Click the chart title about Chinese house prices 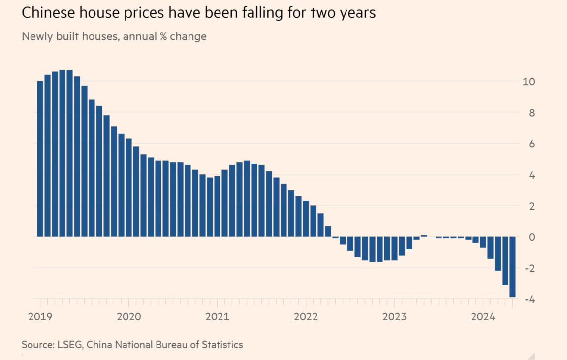[198, 13]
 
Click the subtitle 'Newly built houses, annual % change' [114, 36]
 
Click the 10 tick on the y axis [528, 81]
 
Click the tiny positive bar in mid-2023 [424, 236]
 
